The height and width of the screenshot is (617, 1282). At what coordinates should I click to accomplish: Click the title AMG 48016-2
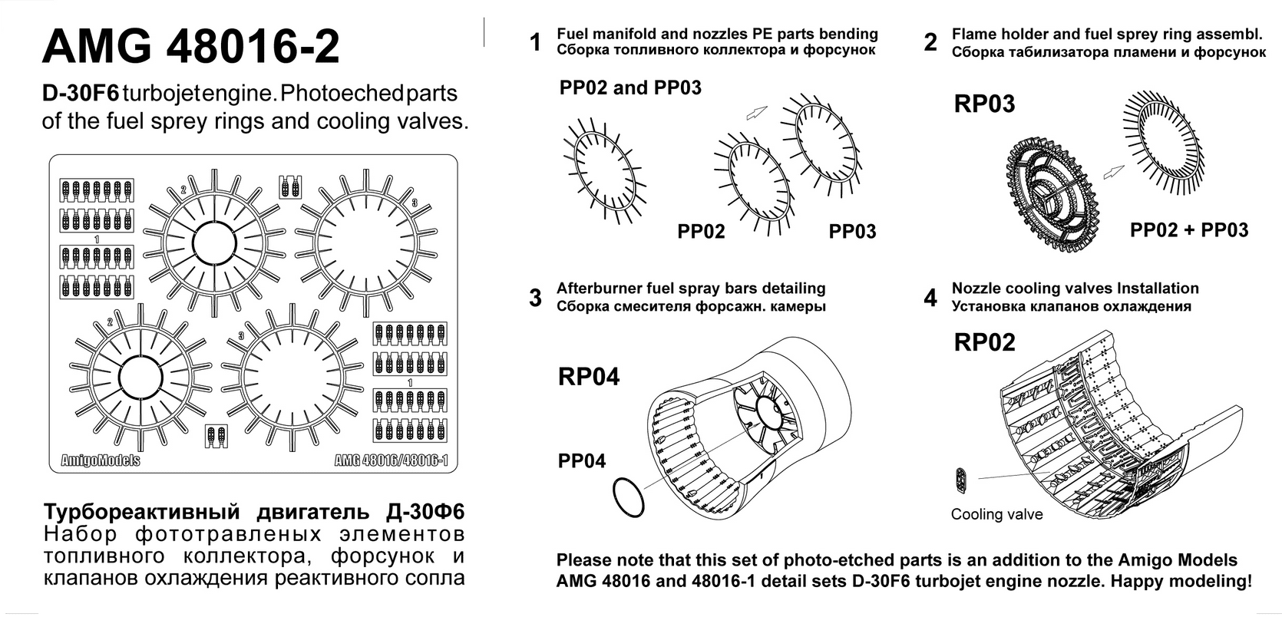click(190, 47)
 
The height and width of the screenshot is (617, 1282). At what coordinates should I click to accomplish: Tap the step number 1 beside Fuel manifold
click(535, 42)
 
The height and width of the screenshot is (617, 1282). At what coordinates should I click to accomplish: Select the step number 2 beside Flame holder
click(930, 42)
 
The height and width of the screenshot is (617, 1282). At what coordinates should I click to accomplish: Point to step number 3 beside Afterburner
click(535, 298)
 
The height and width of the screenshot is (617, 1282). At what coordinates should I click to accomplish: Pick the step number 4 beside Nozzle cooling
click(930, 298)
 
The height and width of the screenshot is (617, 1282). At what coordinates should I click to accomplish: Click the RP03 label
click(984, 104)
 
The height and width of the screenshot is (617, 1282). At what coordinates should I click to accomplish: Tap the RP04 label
click(589, 377)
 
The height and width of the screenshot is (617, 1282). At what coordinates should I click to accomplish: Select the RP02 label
click(984, 342)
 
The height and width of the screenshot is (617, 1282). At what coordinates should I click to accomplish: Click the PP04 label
click(582, 461)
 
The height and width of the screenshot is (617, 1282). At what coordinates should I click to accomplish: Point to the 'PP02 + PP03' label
click(1189, 230)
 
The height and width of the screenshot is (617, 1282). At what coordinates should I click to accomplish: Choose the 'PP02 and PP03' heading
click(630, 88)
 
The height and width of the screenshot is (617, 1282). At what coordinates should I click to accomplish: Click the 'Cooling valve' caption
click(996, 515)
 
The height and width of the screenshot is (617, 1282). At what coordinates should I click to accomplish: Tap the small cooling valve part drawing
click(961, 480)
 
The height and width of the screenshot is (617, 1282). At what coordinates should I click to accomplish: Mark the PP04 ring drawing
click(629, 497)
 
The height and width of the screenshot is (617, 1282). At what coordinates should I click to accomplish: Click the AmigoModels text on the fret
click(101, 460)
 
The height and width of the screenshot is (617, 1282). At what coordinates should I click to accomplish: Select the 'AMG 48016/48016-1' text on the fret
click(391, 460)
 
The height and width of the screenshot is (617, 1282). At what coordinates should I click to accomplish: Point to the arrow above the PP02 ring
click(756, 113)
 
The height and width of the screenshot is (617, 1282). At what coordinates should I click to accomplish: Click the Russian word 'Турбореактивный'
click(142, 513)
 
